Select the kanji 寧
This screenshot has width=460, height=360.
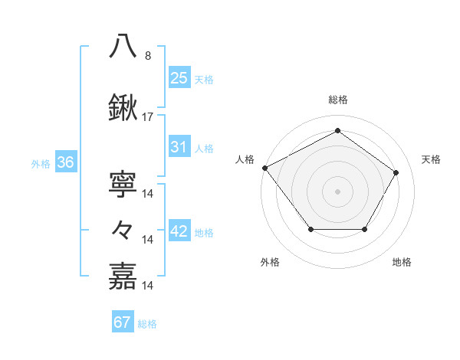tap(123, 183)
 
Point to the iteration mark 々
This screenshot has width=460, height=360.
tap(123, 230)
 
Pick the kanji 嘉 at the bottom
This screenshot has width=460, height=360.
tap(123, 276)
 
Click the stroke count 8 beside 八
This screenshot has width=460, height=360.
tap(148, 56)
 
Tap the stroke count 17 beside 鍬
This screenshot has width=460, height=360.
tap(148, 117)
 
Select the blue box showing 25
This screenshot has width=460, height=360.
tap(179, 78)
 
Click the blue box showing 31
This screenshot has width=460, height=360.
tap(179, 148)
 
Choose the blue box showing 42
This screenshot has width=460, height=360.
tap(179, 232)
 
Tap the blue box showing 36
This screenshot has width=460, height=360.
tap(65, 162)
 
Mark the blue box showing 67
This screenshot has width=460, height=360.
tap(123, 322)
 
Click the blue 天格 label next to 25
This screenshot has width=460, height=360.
tap(204, 79)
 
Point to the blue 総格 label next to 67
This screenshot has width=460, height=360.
tap(147, 324)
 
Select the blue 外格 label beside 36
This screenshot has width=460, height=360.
tap(41, 163)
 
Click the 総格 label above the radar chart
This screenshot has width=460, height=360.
tap(338, 100)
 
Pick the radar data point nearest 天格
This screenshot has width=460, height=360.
tap(396, 173)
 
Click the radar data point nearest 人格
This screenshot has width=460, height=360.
tap(264, 168)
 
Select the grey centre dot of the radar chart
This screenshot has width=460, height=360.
tap(337, 191)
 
